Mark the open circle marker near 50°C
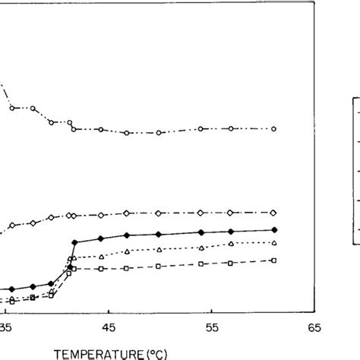pyautogui.click(x=159, y=133)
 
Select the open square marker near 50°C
pyautogui.click(x=158, y=267)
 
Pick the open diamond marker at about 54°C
pyautogui.click(x=201, y=213)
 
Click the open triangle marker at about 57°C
pyautogui.click(x=230, y=244)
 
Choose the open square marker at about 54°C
pyautogui.click(x=201, y=265)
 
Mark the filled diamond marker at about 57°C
pyautogui.click(x=230, y=231)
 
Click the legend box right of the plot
pyautogui.click(x=355, y=170)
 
